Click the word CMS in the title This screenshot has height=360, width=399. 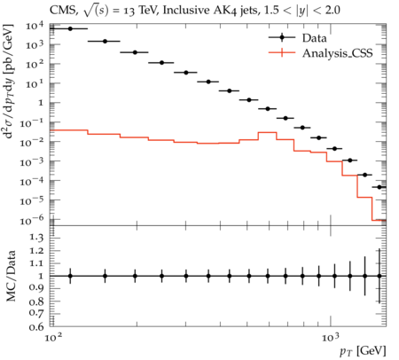(x=61, y=11)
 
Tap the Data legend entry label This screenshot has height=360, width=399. (x=314, y=38)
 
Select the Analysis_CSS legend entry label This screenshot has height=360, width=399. (x=337, y=53)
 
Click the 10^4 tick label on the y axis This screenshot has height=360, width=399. (x=35, y=27)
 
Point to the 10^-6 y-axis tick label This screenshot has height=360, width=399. (x=32, y=220)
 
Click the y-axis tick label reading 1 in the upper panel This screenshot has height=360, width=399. (x=40, y=103)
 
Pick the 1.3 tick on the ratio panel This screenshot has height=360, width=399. (x=36, y=238)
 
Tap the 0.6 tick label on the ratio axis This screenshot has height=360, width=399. (x=36, y=326)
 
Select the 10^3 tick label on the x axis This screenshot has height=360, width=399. (x=331, y=337)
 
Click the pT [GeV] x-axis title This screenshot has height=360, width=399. (x=363, y=351)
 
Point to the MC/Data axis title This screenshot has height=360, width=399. (x=11, y=276)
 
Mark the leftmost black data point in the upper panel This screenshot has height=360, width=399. (x=70, y=28)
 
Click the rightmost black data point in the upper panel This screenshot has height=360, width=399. (x=379, y=187)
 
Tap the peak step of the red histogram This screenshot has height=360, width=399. (x=268, y=132)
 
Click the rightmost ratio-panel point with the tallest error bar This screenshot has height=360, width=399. (x=379, y=276)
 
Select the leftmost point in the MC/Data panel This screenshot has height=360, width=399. (x=70, y=276)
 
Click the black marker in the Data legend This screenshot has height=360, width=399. (x=282, y=37)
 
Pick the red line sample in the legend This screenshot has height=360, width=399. (x=282, y=53)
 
